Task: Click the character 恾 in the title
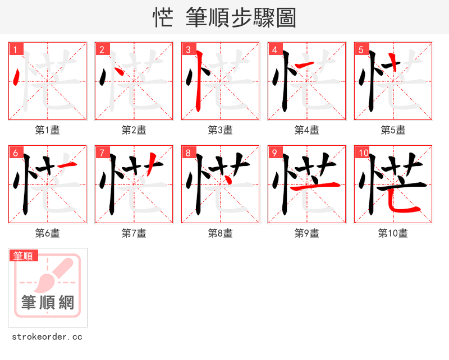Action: pos(163,17)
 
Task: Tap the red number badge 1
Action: pos(15,49)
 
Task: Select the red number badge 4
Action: pos(274,49)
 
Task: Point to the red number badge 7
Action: pos(102,153)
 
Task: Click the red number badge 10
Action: pos(363,153)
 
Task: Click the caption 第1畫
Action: pos(48,130)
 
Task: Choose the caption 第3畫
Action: pos(221,130)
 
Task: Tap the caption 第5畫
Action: pos(393,130)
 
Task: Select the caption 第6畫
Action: pos(48,233)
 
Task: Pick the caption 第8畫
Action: pos(221,233)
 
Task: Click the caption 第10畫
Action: pos(393,233)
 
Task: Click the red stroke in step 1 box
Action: pos(16,77)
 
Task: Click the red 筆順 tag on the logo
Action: pos(24,256)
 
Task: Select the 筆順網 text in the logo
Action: pos(48,303)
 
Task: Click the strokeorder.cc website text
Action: pos(47,337)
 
